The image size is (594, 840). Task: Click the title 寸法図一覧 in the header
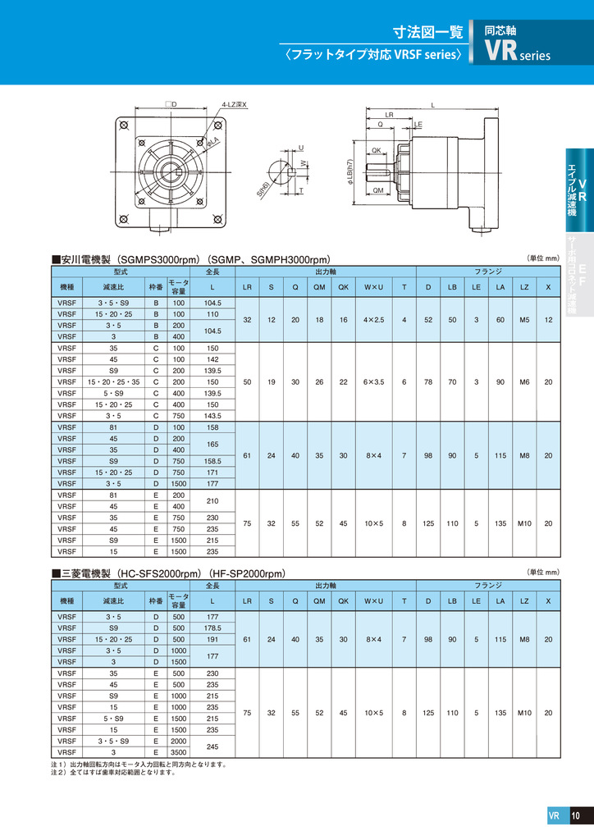tap(427, 33)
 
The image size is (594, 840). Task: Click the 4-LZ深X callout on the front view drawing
tap(234, 105)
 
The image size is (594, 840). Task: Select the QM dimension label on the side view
tap(378, 189)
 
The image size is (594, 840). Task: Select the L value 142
tap(212, 359)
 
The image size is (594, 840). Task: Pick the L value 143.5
tap(212, 416)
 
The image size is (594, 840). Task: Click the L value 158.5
tap(212, 461)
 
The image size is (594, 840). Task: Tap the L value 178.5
tap(212, 628)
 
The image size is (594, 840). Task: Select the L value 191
tap(212, 639)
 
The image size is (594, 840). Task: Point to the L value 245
tap(212, 746)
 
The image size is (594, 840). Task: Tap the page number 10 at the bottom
tap(576, 815)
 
